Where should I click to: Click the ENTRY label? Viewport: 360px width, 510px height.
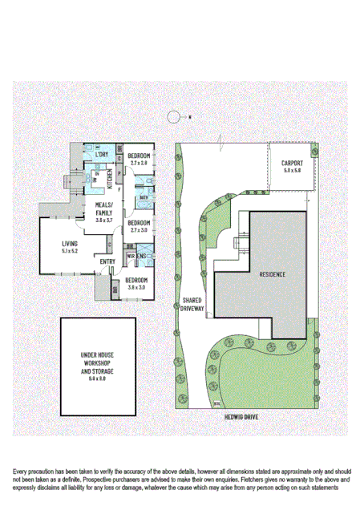pos(107,261)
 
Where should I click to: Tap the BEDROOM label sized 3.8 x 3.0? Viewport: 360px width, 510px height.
pos(136,281)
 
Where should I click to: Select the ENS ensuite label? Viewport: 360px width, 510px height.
pos(141,257)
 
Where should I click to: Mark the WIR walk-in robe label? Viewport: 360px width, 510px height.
pos(130,257)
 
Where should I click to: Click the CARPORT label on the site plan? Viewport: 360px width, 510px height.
pos(291,164)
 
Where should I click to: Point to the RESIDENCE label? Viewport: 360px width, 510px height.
pos(272,273)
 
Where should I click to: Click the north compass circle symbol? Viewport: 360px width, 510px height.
pos(172,116)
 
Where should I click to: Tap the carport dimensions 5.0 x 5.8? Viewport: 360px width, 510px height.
pos(291,171)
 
